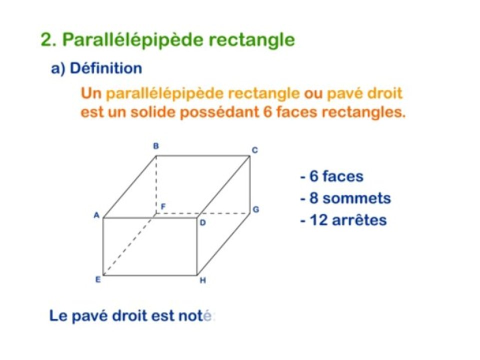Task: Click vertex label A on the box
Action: (96, 215)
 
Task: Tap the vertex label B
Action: (156, 146)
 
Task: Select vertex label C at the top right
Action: (254, 149)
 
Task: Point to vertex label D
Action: (202, 223)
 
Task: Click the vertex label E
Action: (98, 280)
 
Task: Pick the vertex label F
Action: (162, 206)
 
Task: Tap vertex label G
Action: (255, 209)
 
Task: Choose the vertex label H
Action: (202, 281)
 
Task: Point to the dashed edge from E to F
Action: (129, 244)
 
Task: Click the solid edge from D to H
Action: (197, 246)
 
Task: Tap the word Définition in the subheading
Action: (106, 68)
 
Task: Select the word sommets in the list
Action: (356, 198)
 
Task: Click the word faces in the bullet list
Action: (343, 176)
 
